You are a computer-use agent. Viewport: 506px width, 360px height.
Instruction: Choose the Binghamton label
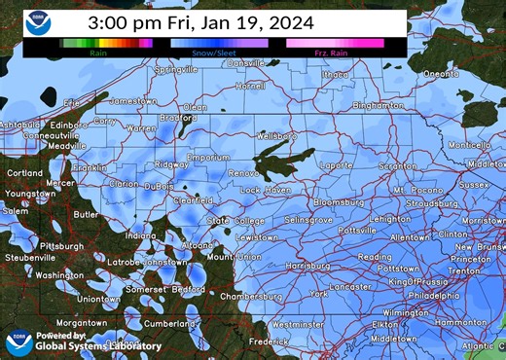[x=378, y=105]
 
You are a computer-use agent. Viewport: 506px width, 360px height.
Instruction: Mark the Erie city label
[x=71, y=102]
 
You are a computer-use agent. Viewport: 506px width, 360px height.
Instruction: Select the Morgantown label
[x=81, y=322]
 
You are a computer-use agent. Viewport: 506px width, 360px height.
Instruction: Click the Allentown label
[x=409, y=236]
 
